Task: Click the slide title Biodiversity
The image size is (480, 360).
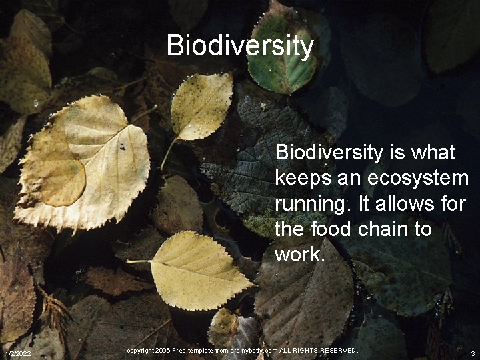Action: tap(240, 45)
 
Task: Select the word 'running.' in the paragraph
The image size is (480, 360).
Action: tap(312, 205)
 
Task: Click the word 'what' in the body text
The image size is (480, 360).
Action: tap(435, 153)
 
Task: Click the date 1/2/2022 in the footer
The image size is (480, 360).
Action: tap(17, 353)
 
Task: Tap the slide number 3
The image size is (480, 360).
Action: tap(472, 353)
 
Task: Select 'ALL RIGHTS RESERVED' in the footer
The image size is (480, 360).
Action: tap(319, 351)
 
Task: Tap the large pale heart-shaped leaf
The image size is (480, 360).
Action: tap(83, 163)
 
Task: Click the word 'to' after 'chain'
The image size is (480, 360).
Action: tap(422, 229)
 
